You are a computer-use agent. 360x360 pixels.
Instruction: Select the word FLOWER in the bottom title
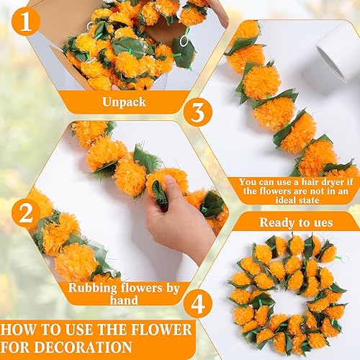click(164, 330)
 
